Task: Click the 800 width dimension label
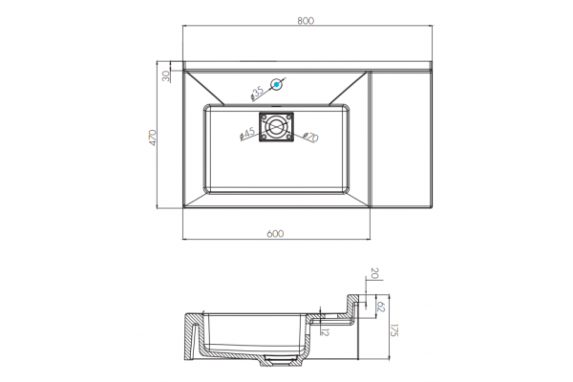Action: [306, 20]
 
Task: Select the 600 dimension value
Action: [275, 234]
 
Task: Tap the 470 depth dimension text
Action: [153, 138]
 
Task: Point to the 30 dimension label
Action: [166, 75]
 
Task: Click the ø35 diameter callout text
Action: [257, 94]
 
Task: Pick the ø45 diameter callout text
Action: [247, 134]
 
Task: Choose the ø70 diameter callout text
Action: [310, 138]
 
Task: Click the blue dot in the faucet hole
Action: [277, 84]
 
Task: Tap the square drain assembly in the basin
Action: [276, 127]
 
